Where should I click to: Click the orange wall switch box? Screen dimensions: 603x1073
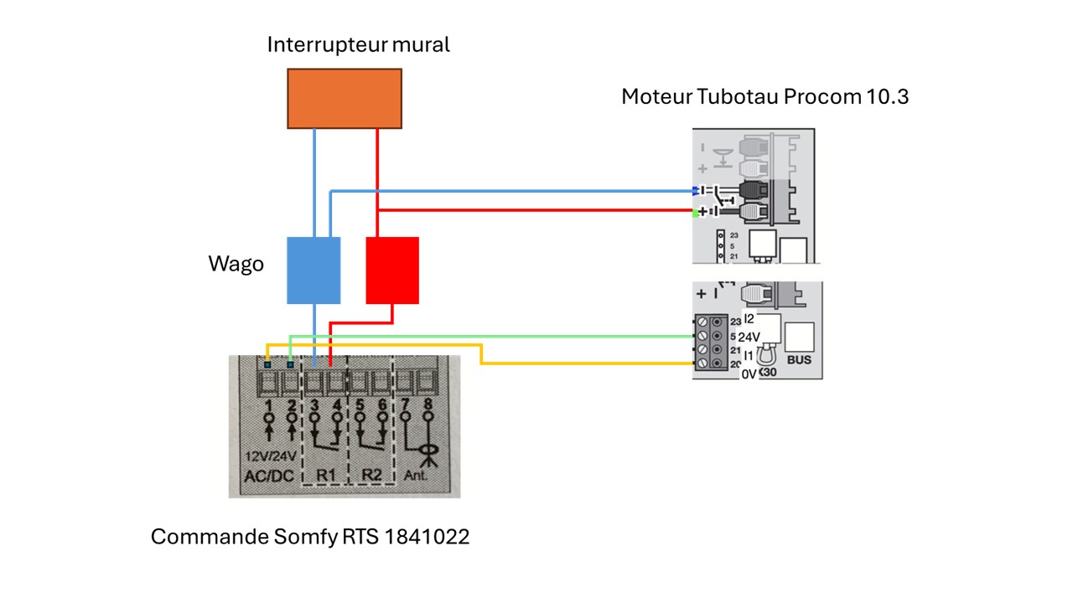[x=345, y=98]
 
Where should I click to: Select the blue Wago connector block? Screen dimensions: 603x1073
[x=314, y=270]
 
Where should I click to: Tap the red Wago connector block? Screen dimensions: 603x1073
[x=392, y=270]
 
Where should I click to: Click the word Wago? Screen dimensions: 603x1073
[x=236, y=265]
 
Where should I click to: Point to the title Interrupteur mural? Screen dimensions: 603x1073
[x=358, y=44]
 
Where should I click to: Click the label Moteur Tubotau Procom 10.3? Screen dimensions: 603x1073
[x=765, y=96]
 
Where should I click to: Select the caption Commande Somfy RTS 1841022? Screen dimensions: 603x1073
[x=310, y=537]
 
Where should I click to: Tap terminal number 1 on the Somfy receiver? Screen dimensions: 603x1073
[x=269, y=407]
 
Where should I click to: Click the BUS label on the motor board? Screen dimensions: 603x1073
[x=800, y=359]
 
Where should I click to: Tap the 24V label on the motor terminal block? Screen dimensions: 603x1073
[x=749, y=337]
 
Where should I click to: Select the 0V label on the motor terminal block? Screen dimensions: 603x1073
[x=749, y=375]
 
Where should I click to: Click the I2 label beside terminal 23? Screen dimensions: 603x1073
[x=749, y=319]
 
